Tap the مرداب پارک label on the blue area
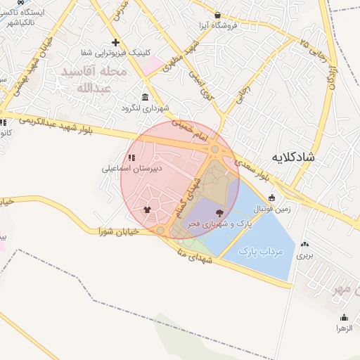pyautogui.click(x=259, y=250)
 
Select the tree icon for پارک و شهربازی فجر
pyautogui.click(x=221, y=212)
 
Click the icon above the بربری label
pyautogui.click(x=304, y=245)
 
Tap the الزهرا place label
pyautogui.click(x=343, y=328)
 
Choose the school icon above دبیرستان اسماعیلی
pyautogui.click(x=131, y=157)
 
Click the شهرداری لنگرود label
pyautogui.click(x=144, y=108)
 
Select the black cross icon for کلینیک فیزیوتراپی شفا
pyautogui.click(x=116, y=42)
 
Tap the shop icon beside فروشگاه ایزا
pyautogui.click(x=217, y=15)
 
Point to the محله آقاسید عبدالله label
pyautogui.click(x=93, y=79)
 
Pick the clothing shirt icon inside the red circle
pyautogui.click(x=146, y=209)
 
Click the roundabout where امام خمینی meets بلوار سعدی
pyautogui.click(x=214, y=149)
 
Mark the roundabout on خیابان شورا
pyautogui.click(x=160, y=230)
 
